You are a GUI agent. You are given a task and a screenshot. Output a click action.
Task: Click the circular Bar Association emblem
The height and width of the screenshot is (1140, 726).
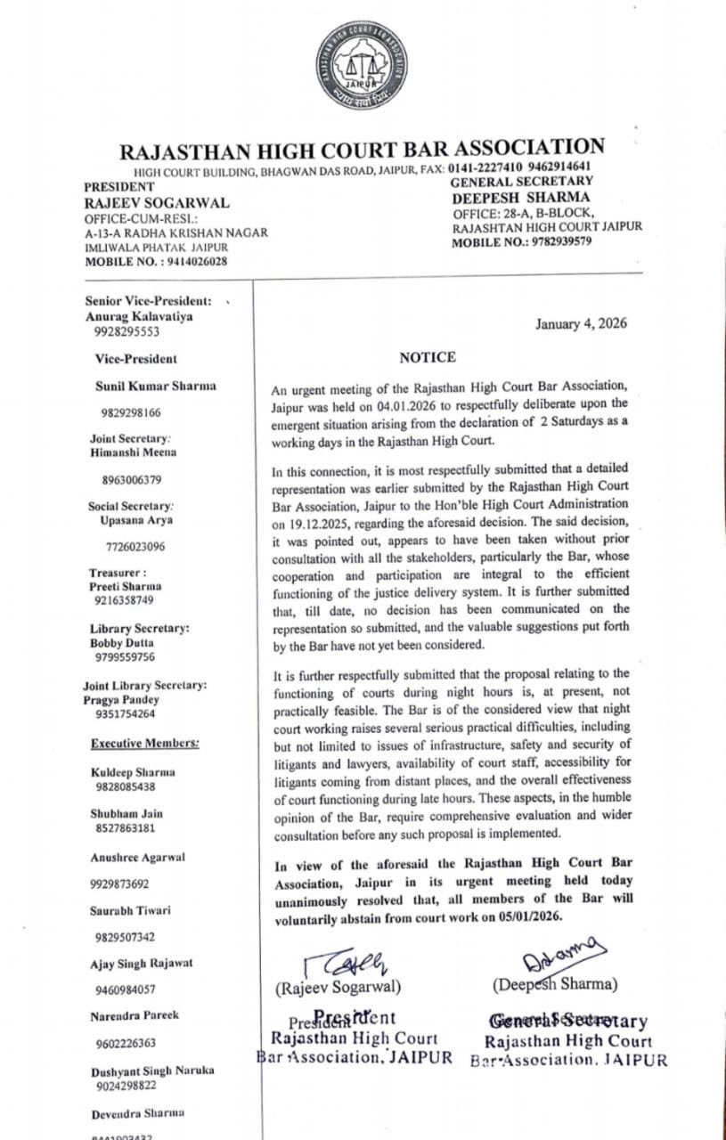[x=362, y=69]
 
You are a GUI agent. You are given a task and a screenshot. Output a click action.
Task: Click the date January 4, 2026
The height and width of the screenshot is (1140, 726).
[x=580, y=323]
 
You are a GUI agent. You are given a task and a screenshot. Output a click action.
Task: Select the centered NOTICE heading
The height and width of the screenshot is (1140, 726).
[x=427, y=358]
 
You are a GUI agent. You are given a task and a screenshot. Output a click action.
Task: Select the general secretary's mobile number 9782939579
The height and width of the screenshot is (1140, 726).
[x=556, y=241]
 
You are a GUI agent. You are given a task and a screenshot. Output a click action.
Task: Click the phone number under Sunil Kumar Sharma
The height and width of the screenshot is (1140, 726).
[x=130, y=413]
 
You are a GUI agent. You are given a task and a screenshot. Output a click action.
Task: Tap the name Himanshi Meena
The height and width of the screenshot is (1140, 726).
[x=134, y=452]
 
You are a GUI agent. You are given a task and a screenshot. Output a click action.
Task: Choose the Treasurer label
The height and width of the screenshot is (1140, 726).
[x=118, y=573]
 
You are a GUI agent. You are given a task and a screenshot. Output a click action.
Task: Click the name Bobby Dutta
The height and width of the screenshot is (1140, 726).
[x=122, y=643]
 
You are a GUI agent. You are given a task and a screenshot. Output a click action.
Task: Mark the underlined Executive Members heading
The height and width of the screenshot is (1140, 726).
[x=145, y=743]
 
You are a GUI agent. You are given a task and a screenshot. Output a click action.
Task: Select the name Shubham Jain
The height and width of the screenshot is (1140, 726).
[x=126, y=814]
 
